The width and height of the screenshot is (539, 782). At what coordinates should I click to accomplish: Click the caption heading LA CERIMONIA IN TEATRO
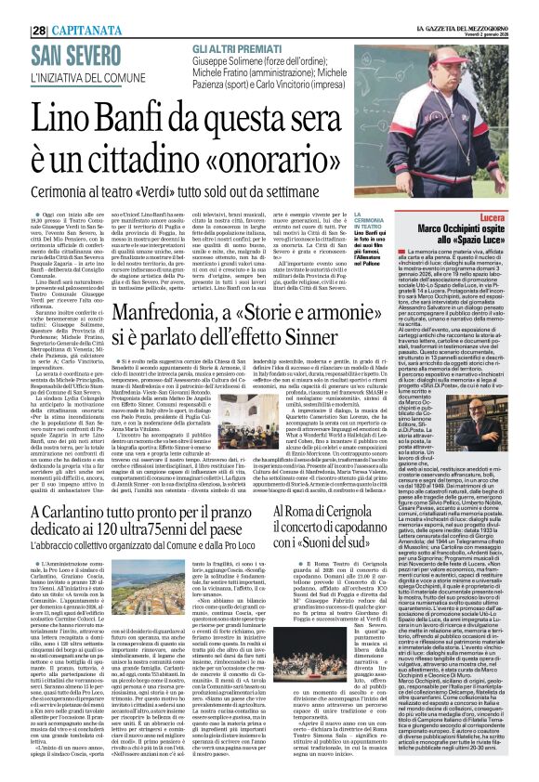coord(369,224)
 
